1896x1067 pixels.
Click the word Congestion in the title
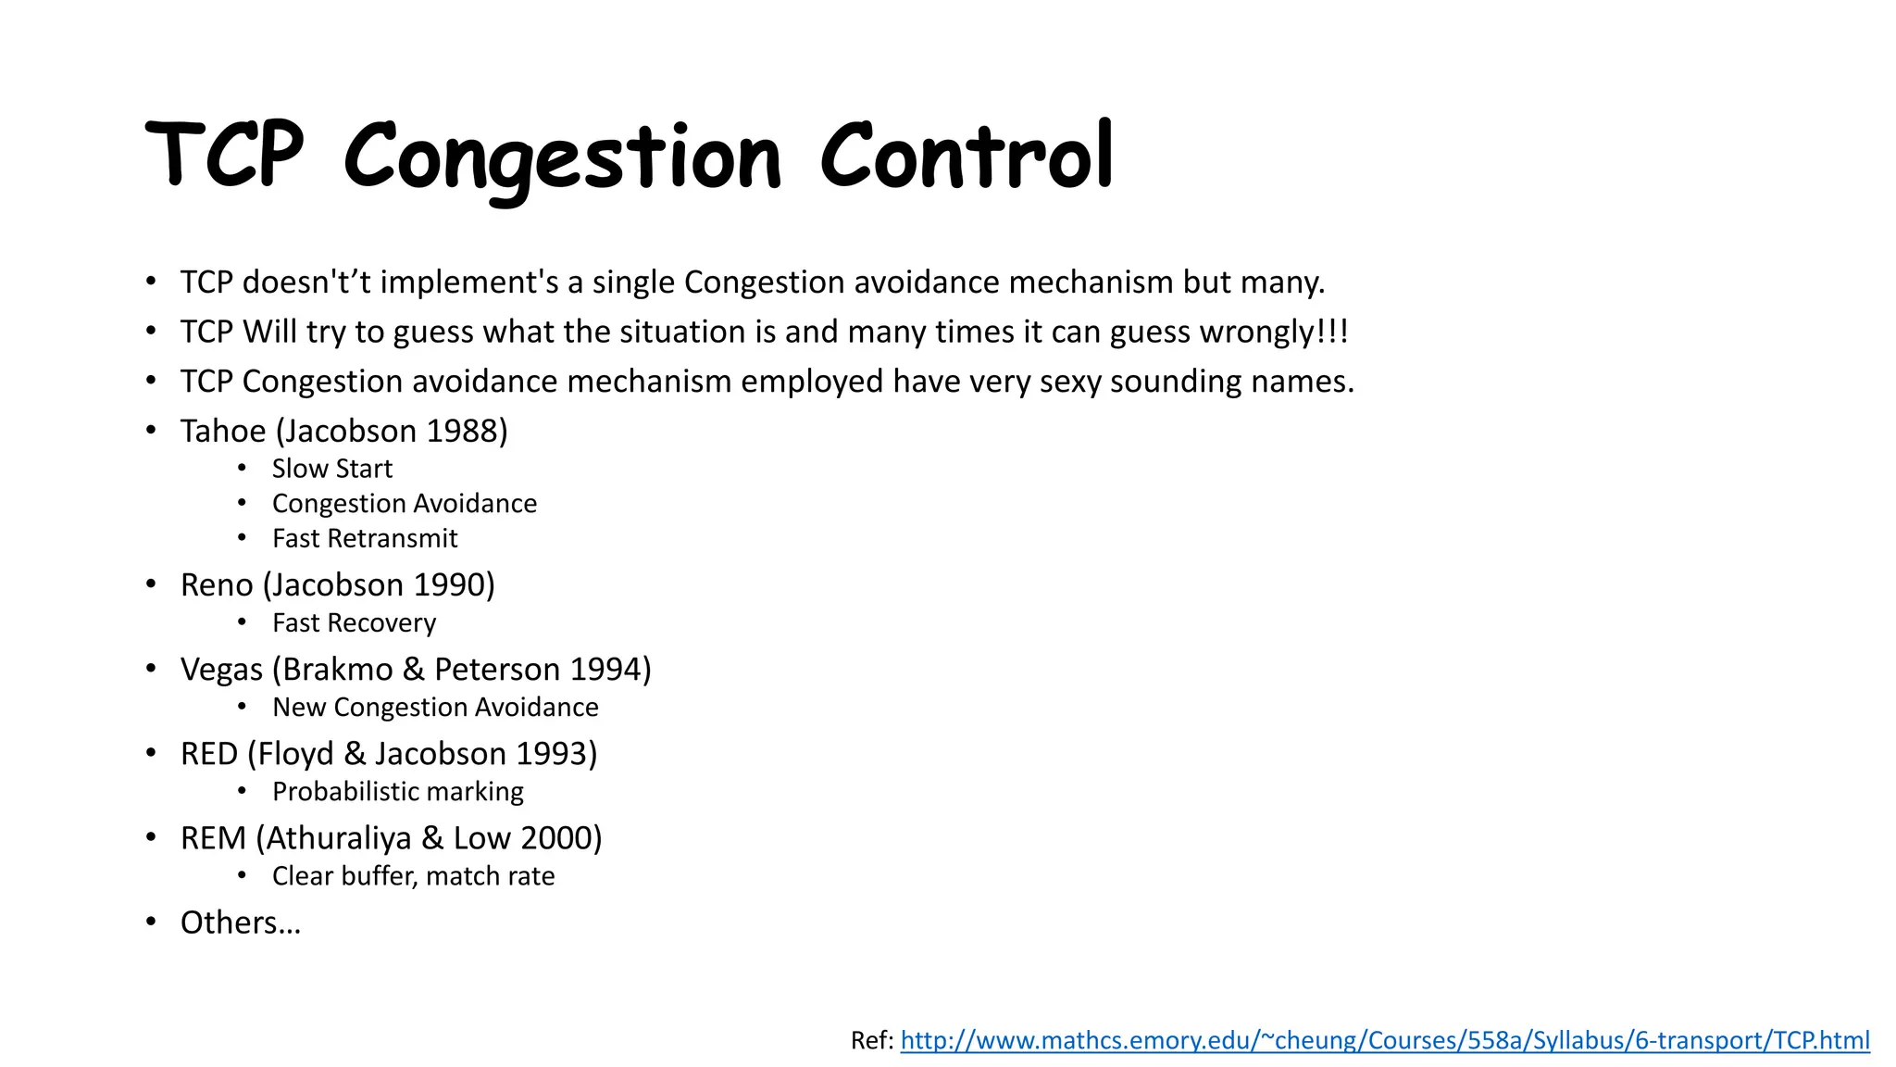pos(562,157)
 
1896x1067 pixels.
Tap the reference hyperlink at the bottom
pos(1384,1040)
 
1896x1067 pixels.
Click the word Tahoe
pos(223,432)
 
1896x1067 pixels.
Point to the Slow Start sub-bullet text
pos(331,469)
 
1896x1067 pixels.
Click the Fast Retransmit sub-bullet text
pos(365,538)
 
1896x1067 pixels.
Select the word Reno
pos(217,585)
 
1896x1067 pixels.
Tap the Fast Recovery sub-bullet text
pos(354,623)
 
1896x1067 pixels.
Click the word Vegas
pos(221,670)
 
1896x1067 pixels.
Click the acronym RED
pos(209,754)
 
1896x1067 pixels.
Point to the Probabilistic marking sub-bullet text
pos(397,792)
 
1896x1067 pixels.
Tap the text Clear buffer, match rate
pos(413,876)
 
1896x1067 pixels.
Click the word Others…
pos(241,923)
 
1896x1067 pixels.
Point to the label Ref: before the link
pos(871,1040)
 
